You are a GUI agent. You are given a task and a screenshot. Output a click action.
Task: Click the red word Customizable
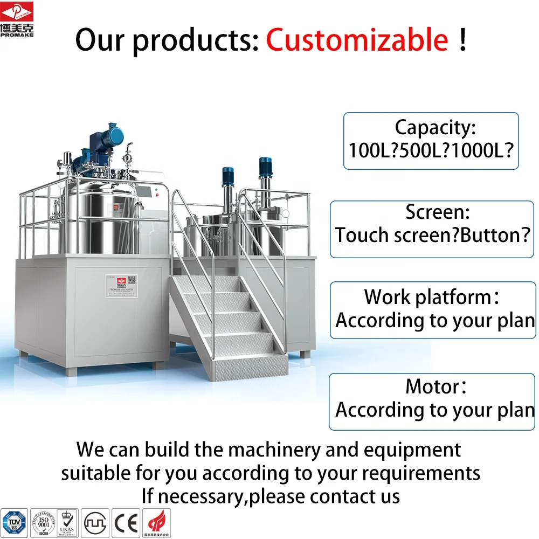[x=357, y=40]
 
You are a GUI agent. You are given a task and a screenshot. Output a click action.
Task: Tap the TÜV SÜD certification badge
[x=13, y=522]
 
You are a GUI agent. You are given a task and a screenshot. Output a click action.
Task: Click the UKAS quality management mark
[x=68, y=522]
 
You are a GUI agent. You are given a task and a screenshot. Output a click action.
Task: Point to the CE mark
[x=126, y=522]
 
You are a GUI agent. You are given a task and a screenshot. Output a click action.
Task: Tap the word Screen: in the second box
[x=438, y=212]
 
